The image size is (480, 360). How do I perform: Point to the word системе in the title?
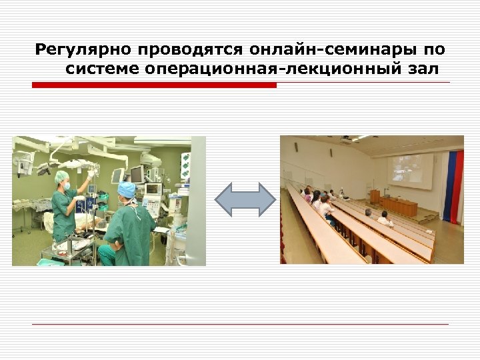(x=101, y=69)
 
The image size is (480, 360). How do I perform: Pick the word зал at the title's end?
(x=424, y=69)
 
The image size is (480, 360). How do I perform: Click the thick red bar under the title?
(x=154, y=85)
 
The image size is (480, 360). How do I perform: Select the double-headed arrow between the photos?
(x=245, y=199)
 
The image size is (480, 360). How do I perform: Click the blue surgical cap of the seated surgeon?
(x=126, y=189)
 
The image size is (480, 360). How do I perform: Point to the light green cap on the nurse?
(x=62, y=176)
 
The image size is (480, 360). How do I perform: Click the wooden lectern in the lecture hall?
(x=375, y=197)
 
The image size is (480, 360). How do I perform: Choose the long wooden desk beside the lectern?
(x=400, y=206)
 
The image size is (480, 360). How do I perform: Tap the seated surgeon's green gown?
(x=130, y=233)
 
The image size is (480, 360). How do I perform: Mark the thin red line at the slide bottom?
(x=240, y=324)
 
